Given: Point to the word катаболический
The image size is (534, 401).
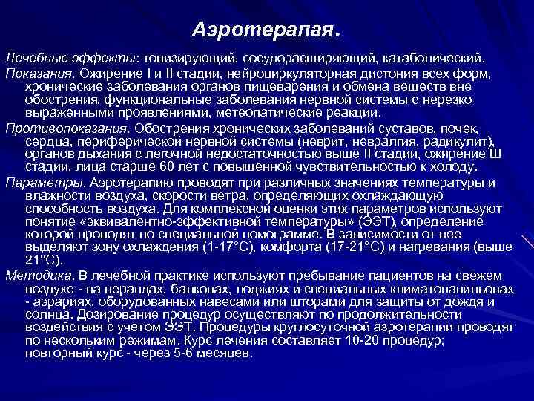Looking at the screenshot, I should [437, 57].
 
